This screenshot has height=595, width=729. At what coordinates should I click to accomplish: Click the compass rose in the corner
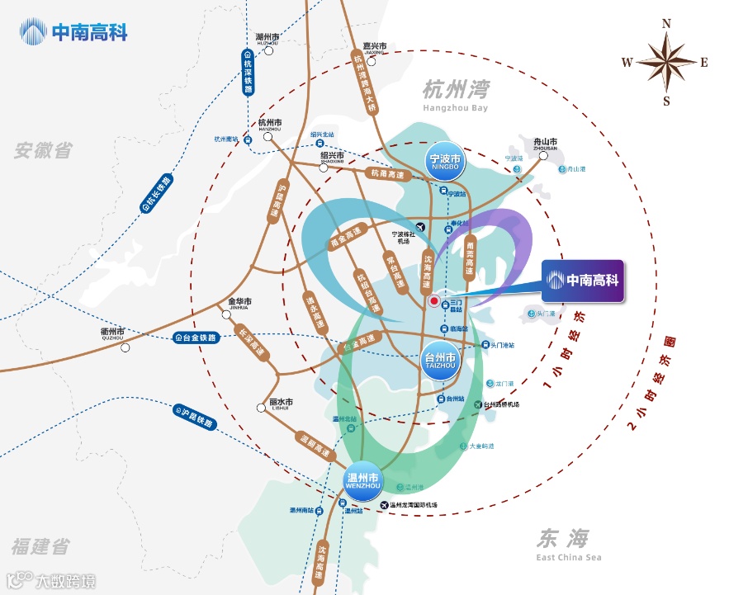click(666, 61)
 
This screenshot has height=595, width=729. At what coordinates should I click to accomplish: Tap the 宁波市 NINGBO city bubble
click(447, 161)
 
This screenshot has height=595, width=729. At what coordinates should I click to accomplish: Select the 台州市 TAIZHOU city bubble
click(440, 361)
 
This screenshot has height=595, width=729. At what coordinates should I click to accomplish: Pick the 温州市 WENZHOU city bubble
click(361, 481)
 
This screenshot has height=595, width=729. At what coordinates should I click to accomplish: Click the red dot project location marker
click(434, 302)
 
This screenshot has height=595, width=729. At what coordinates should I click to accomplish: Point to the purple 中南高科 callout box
click(581, 281)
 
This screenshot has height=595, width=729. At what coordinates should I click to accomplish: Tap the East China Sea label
click(568, 545)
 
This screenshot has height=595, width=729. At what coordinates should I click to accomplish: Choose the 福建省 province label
click(40, 545)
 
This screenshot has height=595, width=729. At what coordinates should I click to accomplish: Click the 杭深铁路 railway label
click(247, 73)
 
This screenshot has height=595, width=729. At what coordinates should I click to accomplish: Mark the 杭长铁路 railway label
click(158, 195)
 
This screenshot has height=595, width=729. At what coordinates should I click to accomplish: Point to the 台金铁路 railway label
click(196, 338)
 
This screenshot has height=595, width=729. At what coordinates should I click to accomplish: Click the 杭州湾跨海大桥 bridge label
click(365, 82)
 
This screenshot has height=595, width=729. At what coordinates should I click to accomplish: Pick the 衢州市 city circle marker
click(125, 347)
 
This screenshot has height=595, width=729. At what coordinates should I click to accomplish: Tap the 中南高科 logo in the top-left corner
click(74, 34)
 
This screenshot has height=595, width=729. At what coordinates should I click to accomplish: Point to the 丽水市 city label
click(281, 403)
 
